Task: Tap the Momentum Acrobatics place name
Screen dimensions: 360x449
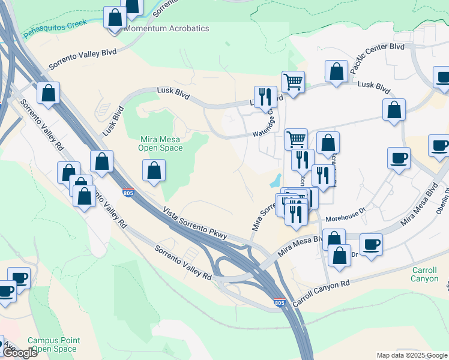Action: click(x=167, y=28)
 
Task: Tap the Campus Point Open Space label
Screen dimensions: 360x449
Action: click(x=53, y=344)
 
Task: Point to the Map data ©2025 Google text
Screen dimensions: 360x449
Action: click(x=412, y=355)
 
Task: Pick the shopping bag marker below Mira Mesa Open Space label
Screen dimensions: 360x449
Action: click(x=154, y=170)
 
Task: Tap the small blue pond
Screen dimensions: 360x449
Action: click(x=276, y=179)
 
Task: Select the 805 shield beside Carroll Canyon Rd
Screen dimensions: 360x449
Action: click(x=279, y=304)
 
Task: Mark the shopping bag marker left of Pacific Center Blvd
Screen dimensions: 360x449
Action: click(x=337, y=71)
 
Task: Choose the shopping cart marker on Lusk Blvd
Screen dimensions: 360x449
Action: click(x=293, y=82)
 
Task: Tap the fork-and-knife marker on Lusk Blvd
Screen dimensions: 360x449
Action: click(x=265, y=96)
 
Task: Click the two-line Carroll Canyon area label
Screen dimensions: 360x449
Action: click(x=424, y=274)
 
